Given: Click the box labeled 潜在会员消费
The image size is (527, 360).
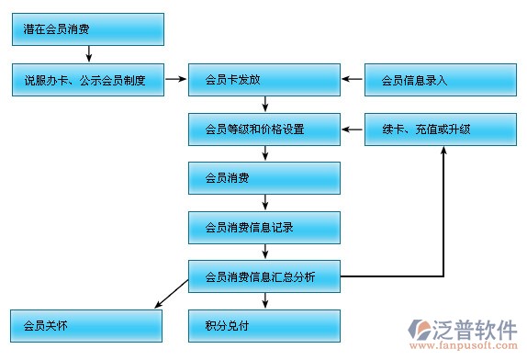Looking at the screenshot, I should (87, 29).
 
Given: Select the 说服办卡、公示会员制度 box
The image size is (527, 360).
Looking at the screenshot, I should (87, 80).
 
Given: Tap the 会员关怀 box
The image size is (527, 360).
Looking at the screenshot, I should (87, 325).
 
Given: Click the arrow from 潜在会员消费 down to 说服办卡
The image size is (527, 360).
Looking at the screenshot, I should (88, 54).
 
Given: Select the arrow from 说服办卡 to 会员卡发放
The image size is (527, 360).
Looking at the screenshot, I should (175, 80).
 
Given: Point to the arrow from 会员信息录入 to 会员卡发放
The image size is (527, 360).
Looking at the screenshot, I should (353, 80).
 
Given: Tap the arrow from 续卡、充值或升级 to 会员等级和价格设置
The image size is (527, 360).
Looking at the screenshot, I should (353, 129).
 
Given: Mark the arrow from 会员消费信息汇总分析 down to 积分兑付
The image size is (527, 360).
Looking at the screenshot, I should (264, 300).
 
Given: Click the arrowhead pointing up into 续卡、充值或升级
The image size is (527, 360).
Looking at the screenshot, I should (443, 151).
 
